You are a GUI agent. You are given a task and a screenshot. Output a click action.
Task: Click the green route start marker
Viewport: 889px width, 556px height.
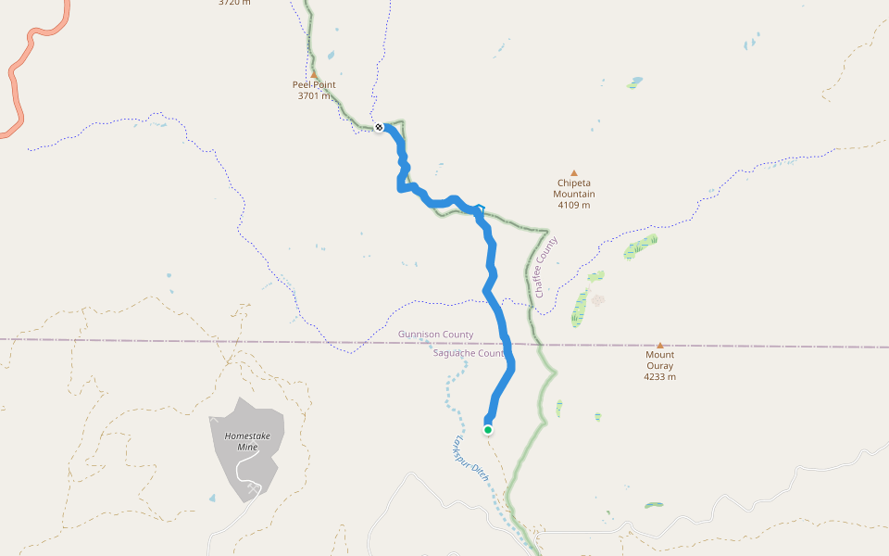pyautogui.click(x=488, y=429)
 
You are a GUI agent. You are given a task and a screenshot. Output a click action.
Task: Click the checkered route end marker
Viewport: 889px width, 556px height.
pyautogui.click(x=380, y=128)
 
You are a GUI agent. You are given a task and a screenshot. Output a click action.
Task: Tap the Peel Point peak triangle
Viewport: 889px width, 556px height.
pyautogui.click(x=314, y=75)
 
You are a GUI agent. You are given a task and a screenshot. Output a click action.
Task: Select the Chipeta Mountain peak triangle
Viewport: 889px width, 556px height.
pyautogui.click(x=574, y=172)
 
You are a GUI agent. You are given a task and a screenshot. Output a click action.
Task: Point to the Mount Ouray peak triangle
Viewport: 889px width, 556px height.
pyautogui.click(x=660, y=345)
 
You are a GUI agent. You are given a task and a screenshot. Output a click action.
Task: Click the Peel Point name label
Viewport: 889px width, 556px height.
pyautogui.click(x=314, y=85)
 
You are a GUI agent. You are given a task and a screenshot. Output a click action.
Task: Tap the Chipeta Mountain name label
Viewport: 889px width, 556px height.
pyautogui.click(x=574, y=188)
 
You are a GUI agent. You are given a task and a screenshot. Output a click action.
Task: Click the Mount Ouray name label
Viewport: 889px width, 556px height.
pyautogui.click(x=660, y=360)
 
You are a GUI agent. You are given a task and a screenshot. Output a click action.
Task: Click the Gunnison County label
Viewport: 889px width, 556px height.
pyautogui.click(x=435, y=335)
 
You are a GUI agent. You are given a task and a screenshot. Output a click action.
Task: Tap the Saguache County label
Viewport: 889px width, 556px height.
pyautogui.click(x=469, y=353)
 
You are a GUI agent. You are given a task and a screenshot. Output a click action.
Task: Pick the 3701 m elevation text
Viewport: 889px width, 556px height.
pyautogui.click(x=314, y=95)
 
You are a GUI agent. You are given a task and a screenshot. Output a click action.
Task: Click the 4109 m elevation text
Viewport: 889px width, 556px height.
pyautogui.click(x=574, y=205)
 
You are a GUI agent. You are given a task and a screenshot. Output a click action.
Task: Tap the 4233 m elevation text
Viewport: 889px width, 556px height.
pyautogui.click(x=660, y=377)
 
